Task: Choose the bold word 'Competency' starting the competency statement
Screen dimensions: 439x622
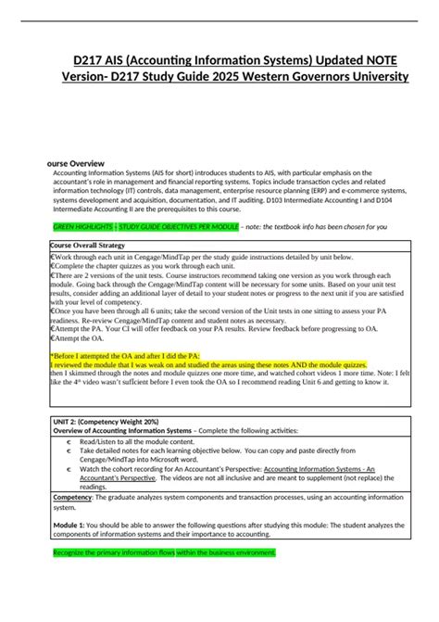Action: tap(78, 498)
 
